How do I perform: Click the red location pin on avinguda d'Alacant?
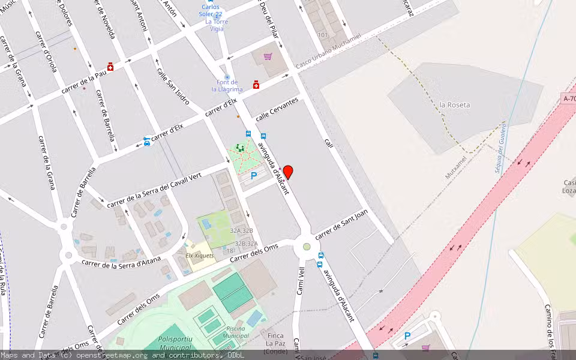coord(288,172)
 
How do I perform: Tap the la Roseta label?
coord(455,105)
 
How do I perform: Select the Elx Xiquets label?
coord(200,256)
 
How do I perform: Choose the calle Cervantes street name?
coord(277,110)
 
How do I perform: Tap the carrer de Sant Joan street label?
coord(341,228)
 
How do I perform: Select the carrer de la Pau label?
coord(84,82)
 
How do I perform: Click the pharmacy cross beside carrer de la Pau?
coord(110,67)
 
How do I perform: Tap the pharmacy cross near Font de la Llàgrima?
coord(256,85)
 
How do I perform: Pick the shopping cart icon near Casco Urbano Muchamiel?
coord(268,56)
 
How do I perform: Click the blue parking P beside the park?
coord(254,176)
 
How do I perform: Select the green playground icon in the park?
coord(240,148)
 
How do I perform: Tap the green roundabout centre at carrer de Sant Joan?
coord(307,247)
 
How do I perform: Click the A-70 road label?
coord(569,98)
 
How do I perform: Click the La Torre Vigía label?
coord(217,25)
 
